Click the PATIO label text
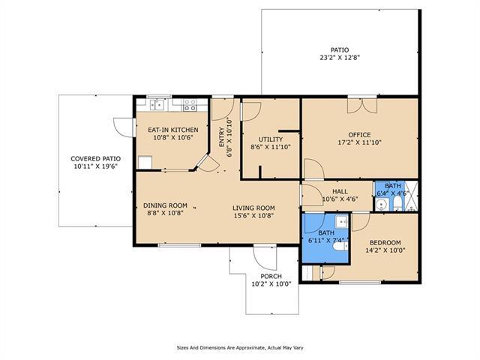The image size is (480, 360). (x=340, y=50)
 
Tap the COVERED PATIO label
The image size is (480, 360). (x=95, y=159)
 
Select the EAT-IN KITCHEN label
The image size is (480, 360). (x=173, y=130)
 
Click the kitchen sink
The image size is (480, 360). (x=157, y=105)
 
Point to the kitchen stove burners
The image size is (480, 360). (x=190, y=105)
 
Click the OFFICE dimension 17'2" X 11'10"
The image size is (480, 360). (x=360, y=142)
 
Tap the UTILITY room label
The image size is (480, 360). (x=271, y=139)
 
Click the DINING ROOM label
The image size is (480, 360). (x=165, y=205)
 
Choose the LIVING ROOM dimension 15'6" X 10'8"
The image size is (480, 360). (x=253, y=215)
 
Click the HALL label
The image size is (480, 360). (x=340, y=191)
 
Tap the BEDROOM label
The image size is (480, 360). (x=385, y=243)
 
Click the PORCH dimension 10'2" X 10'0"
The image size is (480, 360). (x=271, y=284)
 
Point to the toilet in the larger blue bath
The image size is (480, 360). (x=340, y=246)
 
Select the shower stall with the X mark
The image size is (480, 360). (x=412, y=196)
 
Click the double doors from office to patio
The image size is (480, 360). (x=362, y=105)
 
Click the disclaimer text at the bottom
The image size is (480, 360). (x=240, y=348)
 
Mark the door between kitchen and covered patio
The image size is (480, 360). (x=124, y=127)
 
